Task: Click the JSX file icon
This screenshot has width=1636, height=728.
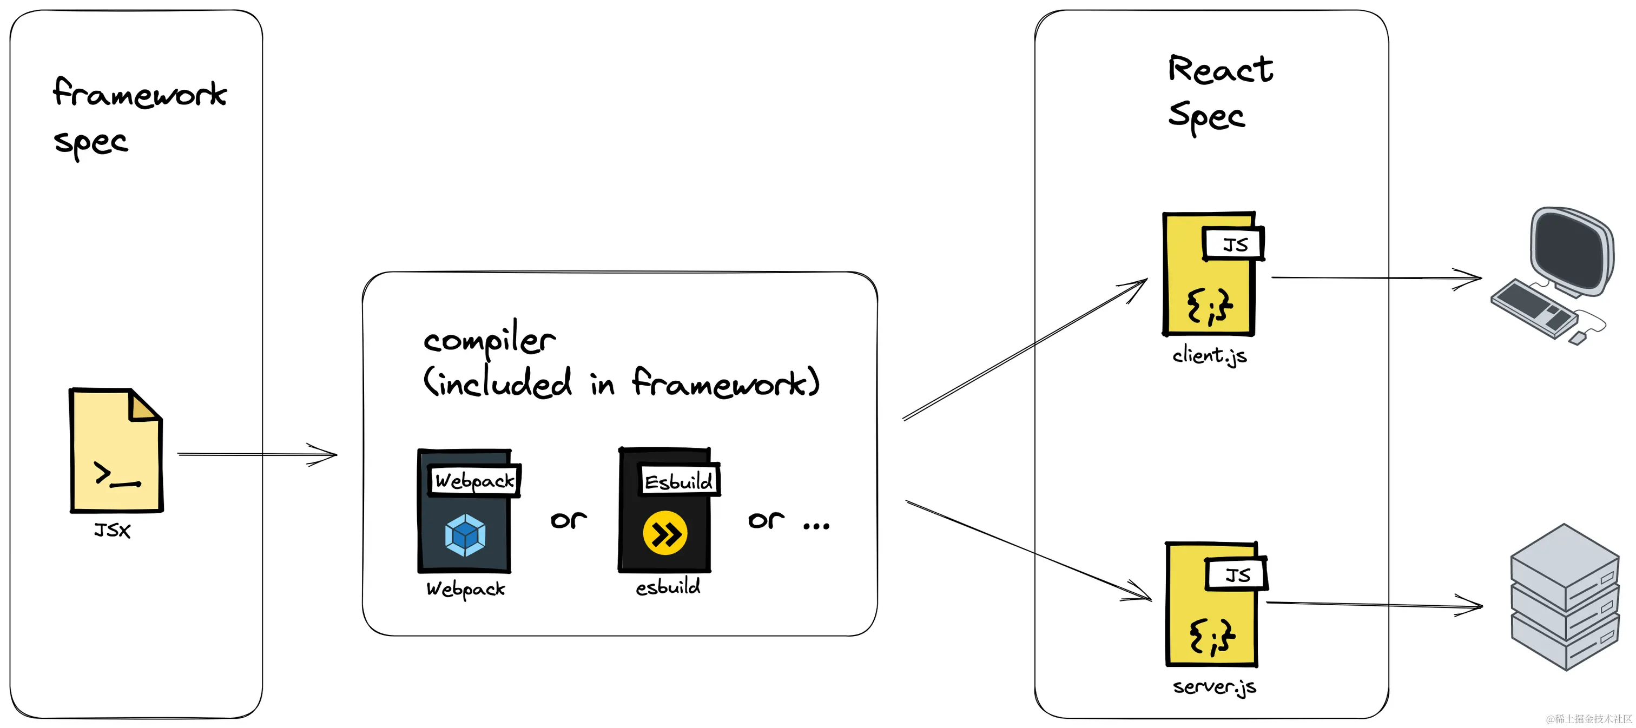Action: tap(116, 450)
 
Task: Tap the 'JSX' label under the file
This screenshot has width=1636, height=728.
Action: tap(113, 531)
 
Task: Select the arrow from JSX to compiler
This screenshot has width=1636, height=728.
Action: tap(256, 454)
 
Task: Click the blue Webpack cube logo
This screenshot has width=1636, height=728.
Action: tap(465, 535)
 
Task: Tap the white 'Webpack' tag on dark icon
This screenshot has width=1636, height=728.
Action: tap(474, 480)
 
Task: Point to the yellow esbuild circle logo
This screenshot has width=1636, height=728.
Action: tap(665, 533)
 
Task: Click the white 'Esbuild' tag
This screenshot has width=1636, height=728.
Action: tap(678, 481)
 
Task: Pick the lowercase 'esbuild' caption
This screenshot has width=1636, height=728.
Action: tap(668, 587)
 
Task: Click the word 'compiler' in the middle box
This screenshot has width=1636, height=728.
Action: tap(489, 340)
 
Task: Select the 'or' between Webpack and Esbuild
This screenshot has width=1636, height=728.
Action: tap(569, 520)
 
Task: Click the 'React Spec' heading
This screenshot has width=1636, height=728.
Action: tap(1219, 92)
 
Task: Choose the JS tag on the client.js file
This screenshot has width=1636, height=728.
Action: tap(1233, 244)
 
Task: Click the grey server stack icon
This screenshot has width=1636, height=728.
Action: tap(1564, 597)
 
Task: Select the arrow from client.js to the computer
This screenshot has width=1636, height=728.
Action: tap(1375, 278)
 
